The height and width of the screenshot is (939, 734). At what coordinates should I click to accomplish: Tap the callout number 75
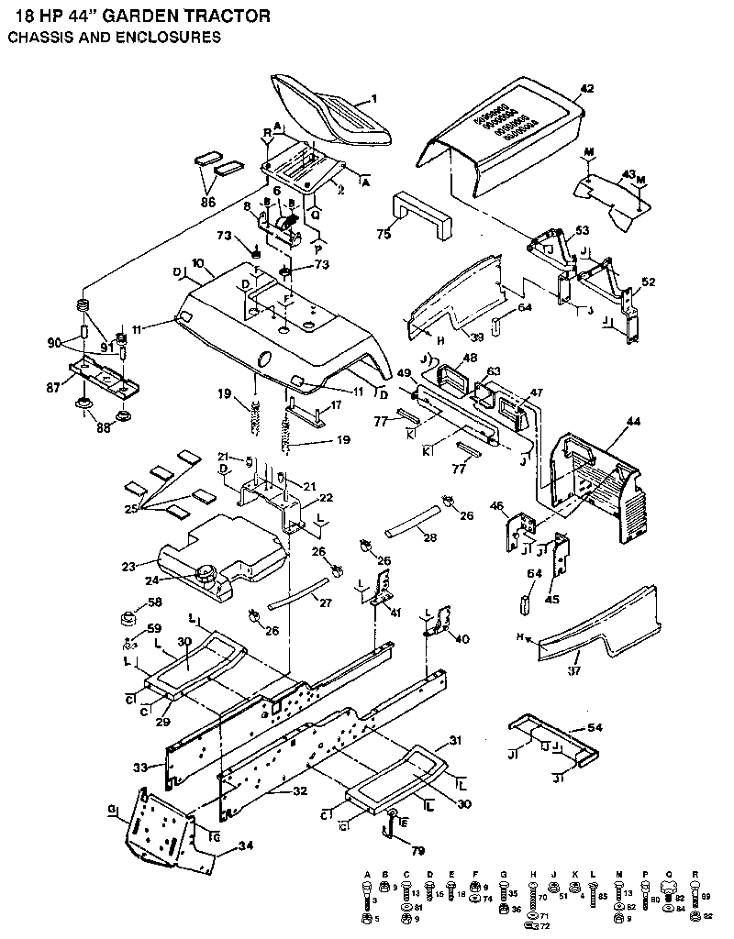pos(384,235)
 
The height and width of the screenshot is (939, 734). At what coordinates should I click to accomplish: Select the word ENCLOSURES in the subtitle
pos(164,38)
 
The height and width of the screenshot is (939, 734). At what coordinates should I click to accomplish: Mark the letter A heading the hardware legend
pos(367,874)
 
